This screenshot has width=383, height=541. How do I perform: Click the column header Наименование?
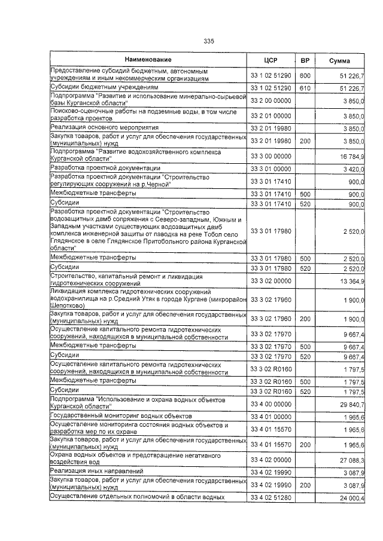point(148,60)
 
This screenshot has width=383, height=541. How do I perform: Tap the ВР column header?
point(305,60)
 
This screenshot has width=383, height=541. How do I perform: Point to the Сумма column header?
point(341,60)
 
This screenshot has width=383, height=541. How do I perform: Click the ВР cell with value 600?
point(305,76)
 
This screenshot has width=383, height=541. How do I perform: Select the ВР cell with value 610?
point(305,88)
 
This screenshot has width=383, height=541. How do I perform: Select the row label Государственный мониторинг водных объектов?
point(121,415)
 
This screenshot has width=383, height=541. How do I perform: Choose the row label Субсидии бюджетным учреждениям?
point(99,87)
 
